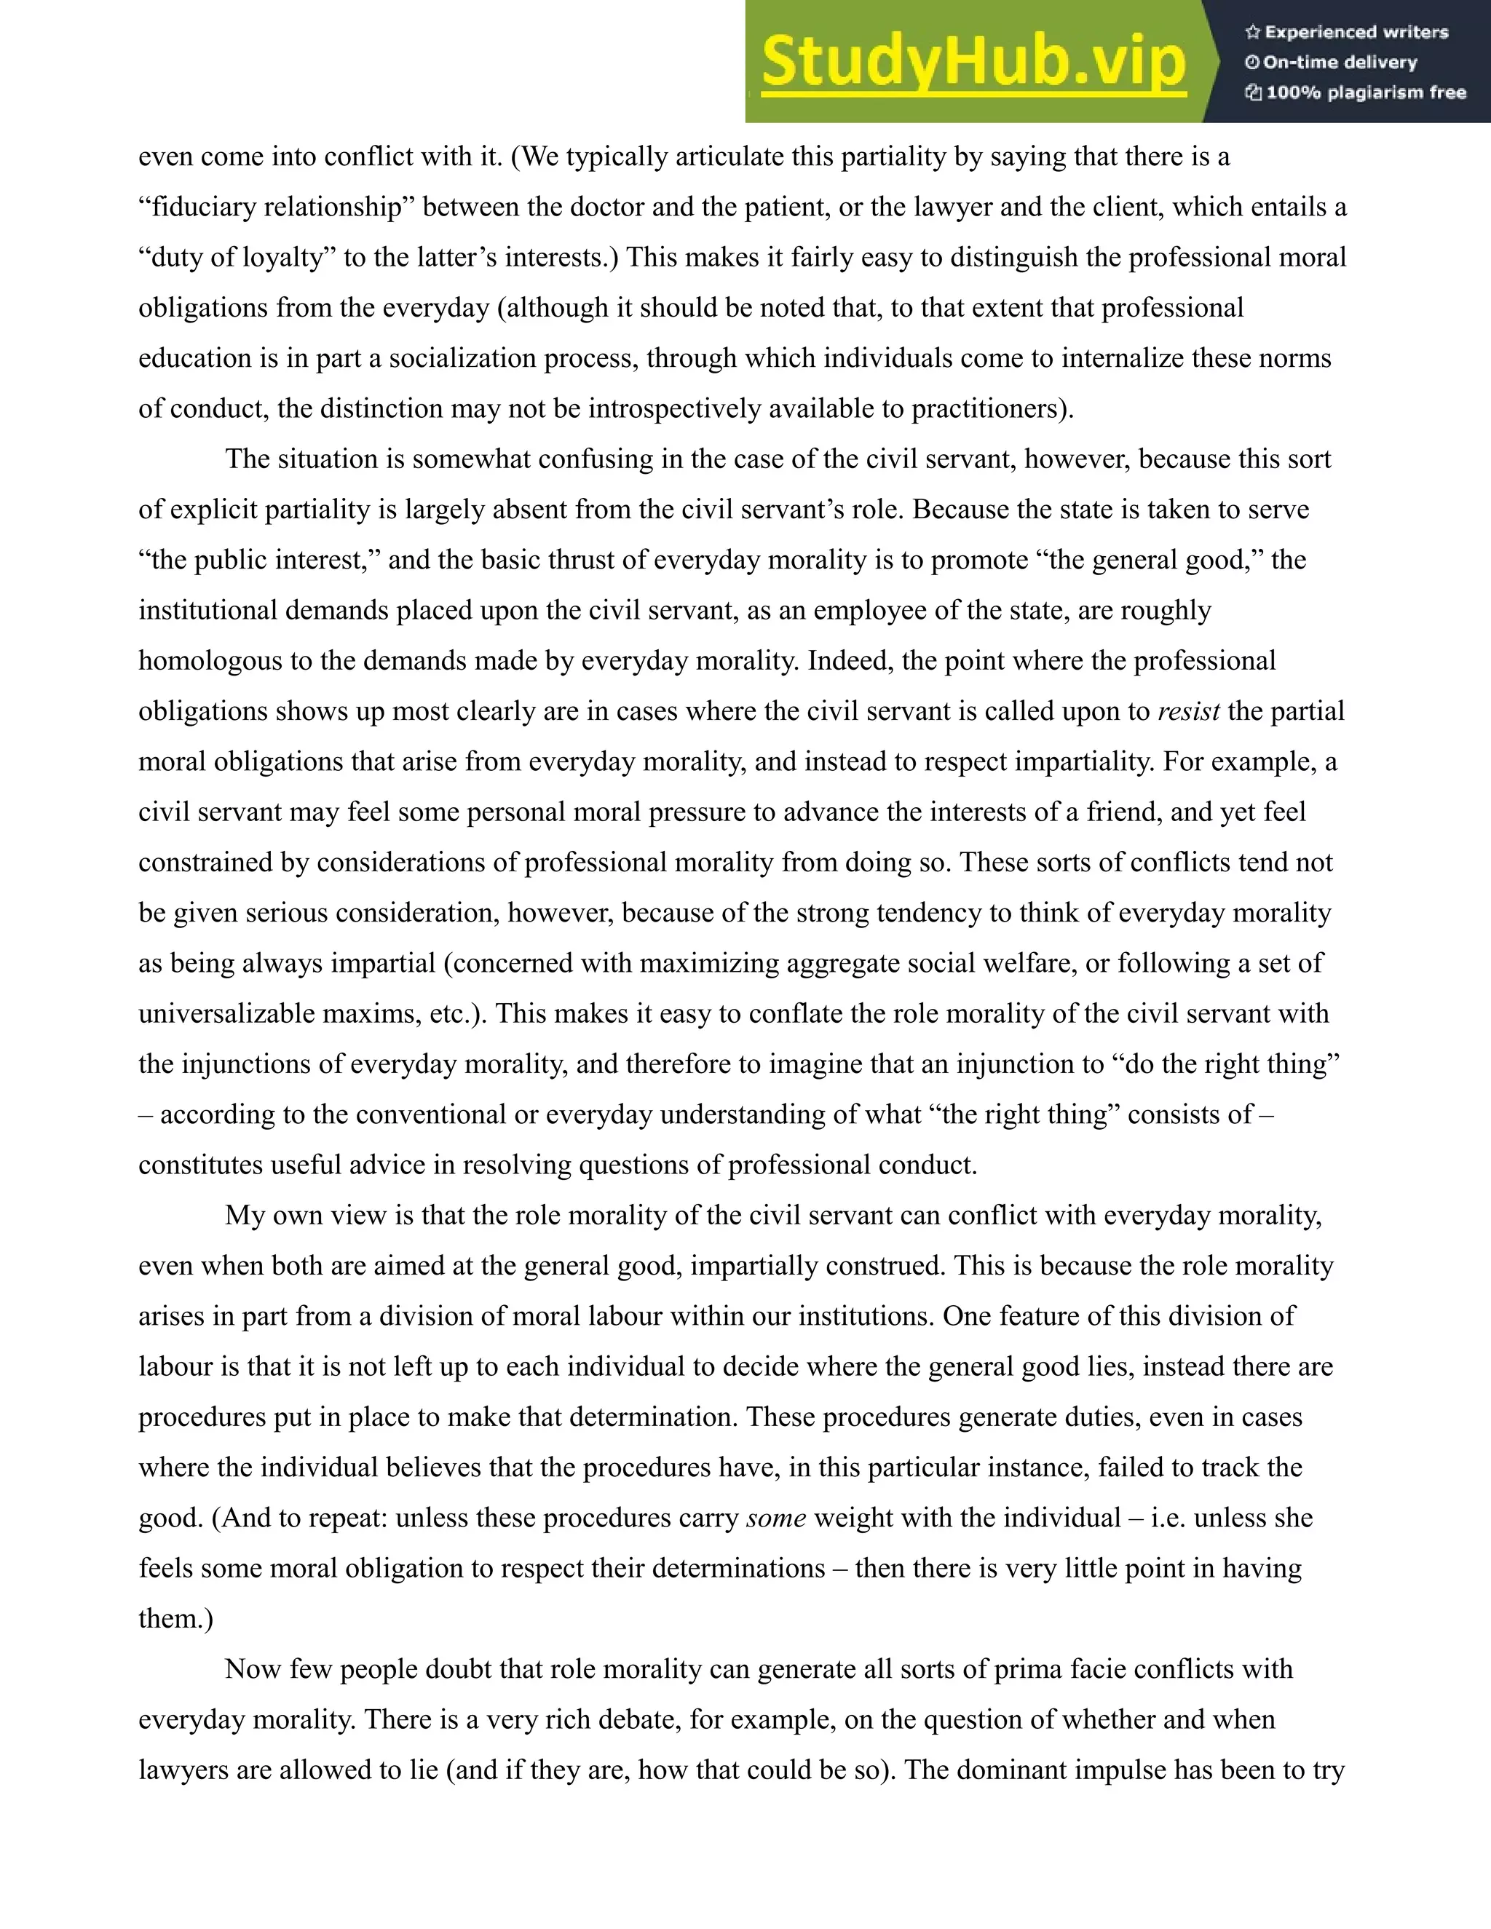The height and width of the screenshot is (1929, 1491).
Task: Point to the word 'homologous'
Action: (210, 661)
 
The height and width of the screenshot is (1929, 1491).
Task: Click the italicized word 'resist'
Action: (1188, 711)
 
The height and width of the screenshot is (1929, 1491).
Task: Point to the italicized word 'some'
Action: (775, 1518)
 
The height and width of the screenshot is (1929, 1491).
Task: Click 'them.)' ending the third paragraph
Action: (175, 1618)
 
